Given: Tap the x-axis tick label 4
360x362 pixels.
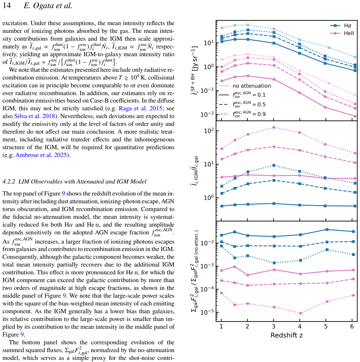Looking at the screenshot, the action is coord(300,326).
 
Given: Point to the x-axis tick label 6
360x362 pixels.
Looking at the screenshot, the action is coord(352,326).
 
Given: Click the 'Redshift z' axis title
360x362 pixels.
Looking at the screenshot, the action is coord(286,335).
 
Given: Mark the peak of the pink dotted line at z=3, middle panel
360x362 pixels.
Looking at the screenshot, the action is coord(274,127).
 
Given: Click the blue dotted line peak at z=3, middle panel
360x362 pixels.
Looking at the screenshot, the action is coord(274,165).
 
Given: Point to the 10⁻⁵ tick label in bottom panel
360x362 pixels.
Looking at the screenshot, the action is coord(207,312).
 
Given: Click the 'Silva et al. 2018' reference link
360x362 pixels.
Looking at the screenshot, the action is coord(35,116).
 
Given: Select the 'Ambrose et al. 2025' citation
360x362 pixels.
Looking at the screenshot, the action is coord(41,155).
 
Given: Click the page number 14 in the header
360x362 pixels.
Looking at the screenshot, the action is coord(6,5).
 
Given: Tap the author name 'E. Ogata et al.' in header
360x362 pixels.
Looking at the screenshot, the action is coord(48,5).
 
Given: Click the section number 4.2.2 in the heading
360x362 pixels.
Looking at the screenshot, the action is coord(9,181).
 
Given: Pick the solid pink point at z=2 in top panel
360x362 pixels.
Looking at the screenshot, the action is coord(248,76).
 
